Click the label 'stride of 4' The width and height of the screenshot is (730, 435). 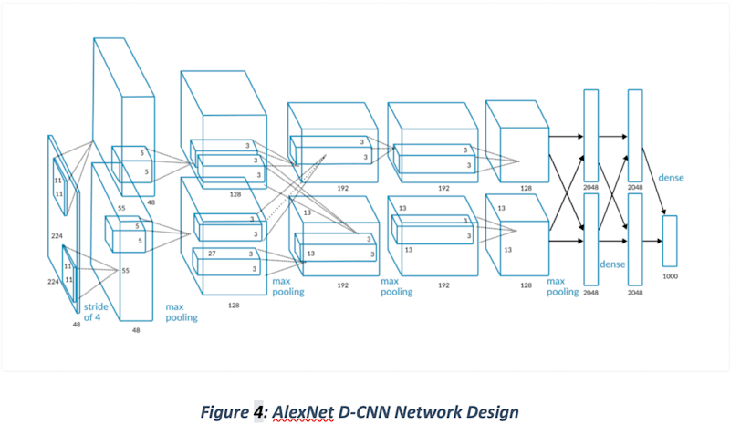point(96,313)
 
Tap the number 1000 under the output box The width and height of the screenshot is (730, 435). point(669,275)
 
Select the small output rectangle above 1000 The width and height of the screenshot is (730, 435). point(670,242)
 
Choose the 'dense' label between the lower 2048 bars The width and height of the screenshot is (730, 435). point(611,264)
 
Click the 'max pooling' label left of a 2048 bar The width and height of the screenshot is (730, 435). point(562,287)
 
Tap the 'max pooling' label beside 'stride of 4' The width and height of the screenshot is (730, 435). point(181,313)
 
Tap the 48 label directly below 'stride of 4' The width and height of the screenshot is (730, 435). point(78,324)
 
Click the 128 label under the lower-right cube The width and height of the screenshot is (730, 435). point(526,285)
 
